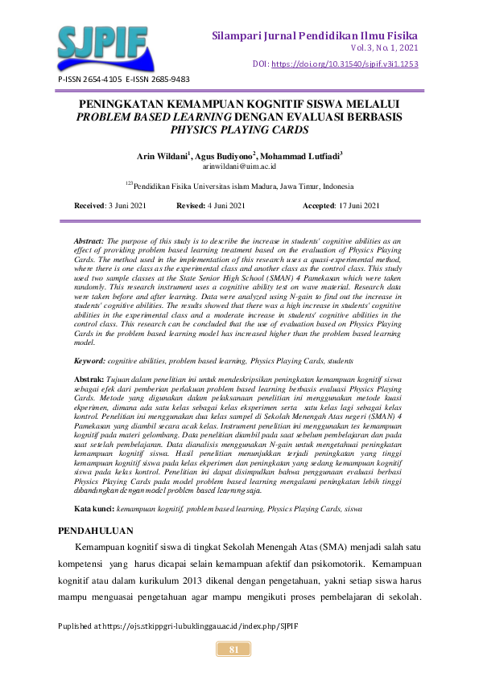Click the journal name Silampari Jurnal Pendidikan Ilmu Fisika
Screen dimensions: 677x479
(315, 36)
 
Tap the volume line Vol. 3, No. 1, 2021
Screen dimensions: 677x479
(379, 49)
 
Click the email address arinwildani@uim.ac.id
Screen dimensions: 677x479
(239, 166)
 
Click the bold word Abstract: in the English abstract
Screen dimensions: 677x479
(89, 240)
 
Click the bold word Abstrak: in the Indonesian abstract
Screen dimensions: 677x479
(89, 377)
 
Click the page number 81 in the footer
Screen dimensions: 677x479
(234, 649)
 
